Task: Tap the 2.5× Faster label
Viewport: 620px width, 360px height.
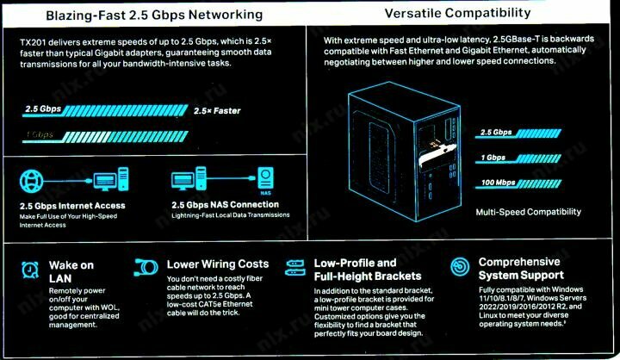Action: pos(217,111)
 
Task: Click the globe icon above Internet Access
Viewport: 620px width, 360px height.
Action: pos(32,181)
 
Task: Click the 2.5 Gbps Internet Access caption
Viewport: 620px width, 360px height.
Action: pos(72,206)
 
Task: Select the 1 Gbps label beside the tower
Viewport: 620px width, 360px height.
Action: pos(493,158)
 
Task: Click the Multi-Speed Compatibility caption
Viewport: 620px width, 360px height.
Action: pos(528,212)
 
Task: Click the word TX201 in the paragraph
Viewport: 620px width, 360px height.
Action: pos(34,41)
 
